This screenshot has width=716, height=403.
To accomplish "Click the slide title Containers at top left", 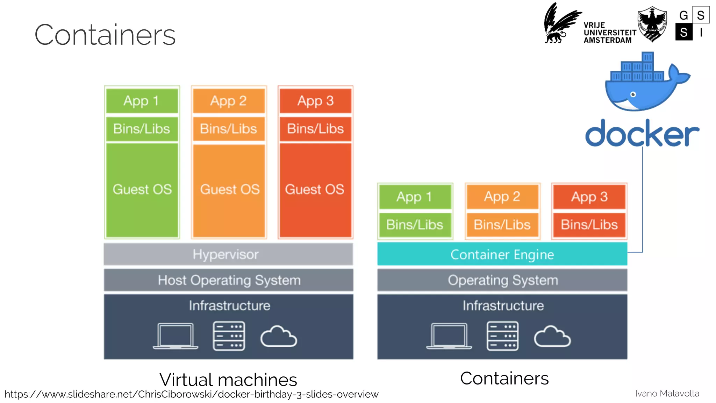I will [x=105, y=35].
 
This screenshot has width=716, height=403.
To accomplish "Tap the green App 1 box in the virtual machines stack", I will [x=142, y=101].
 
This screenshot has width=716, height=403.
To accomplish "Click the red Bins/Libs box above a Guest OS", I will [x=315, y=129].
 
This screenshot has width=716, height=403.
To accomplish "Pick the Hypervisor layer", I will [x=228, y=254].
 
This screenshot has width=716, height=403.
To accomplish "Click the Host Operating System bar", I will [x=229, y=280].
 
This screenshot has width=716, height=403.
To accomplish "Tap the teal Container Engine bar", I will [x=502, y=254].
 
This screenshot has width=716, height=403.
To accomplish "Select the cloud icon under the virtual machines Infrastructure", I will [x=279, y=337].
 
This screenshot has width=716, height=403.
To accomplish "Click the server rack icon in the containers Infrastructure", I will [x=502, y=336].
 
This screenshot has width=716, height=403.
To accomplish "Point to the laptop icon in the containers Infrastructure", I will [x=449, y=336].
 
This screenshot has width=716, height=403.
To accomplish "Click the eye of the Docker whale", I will [x=633, y=94].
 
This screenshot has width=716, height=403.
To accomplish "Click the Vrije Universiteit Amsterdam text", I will [x=609, y=33].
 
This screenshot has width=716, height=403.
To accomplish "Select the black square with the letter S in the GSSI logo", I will [x=684, y=32].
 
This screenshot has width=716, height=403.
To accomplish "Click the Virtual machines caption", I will [x=228, y=380].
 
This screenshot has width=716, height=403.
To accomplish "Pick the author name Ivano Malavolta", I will [x=667, y=394].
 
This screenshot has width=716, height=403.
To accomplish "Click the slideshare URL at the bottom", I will [x=191, y=394].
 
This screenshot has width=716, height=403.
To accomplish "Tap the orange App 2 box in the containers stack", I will [x=502, y=197].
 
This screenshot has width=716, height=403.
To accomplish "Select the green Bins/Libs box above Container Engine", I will [x=415, y=225].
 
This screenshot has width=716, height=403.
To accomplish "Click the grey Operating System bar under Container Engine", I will [x=502, y=280].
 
